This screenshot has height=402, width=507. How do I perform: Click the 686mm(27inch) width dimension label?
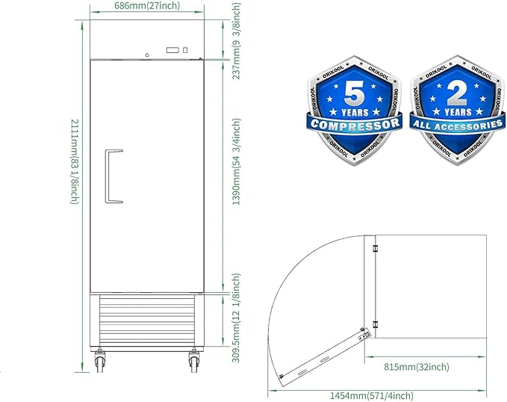[x=147, y=5]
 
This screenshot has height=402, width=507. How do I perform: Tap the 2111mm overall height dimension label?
[x=75, y=161]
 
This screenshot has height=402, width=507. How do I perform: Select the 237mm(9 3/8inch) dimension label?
[x=237, y=41]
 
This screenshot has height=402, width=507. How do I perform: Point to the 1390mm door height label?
[x=237, y=161]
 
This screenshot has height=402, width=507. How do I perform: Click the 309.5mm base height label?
[x=237, y=318]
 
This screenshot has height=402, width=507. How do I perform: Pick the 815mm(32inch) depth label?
[x=417, y=367]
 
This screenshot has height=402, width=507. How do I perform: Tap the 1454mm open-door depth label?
[x=372, y=395]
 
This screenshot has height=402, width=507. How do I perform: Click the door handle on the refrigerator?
[x=113, y=176]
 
